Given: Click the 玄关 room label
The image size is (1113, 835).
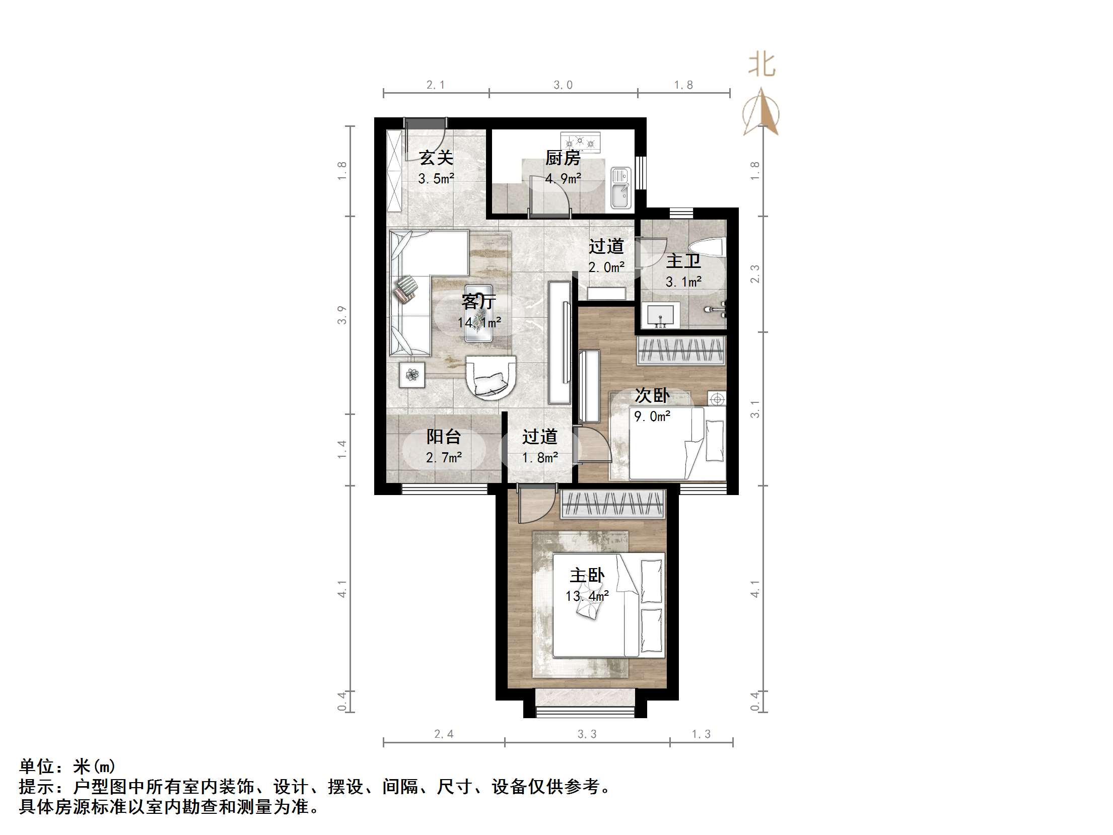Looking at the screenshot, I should (x=436, y=158).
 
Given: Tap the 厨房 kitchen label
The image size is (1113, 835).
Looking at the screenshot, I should (x=563, y=158).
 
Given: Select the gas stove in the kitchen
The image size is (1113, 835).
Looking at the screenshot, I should (x=581, y=142).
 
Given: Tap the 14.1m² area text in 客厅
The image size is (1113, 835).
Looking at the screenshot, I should (x=479, y=322).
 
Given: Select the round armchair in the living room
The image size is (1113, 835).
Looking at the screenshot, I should (x=138, y=378).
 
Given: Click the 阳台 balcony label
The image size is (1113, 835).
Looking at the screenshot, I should (x=443, y=437).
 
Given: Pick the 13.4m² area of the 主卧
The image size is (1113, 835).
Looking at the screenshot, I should (x=587, y=596).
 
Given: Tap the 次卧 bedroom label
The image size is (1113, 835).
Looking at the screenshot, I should (x=652, y=396).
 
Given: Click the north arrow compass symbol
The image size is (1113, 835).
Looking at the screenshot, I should (x=761, y=113).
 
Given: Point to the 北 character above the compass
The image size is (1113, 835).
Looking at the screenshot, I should (x=761, y=65).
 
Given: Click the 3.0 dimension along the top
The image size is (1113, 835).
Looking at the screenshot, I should (x=563, y=85).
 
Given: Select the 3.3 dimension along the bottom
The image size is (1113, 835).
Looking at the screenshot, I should (x=587, y=734).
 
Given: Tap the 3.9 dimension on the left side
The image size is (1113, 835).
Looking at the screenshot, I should (x=342, y=315).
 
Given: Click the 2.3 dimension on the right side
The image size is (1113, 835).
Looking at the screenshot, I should (x=754, y=274).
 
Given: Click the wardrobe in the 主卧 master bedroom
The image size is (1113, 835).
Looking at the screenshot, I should (x=612, y=504).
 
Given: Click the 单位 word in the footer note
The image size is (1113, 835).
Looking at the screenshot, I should (x=37, y=767).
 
